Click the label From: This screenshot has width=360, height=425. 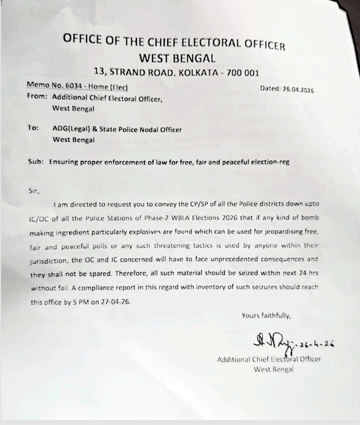click(x=37, y=97)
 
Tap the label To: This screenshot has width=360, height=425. click(x=32, y=128)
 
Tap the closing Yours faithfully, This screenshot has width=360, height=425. click(x=266, y=316)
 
